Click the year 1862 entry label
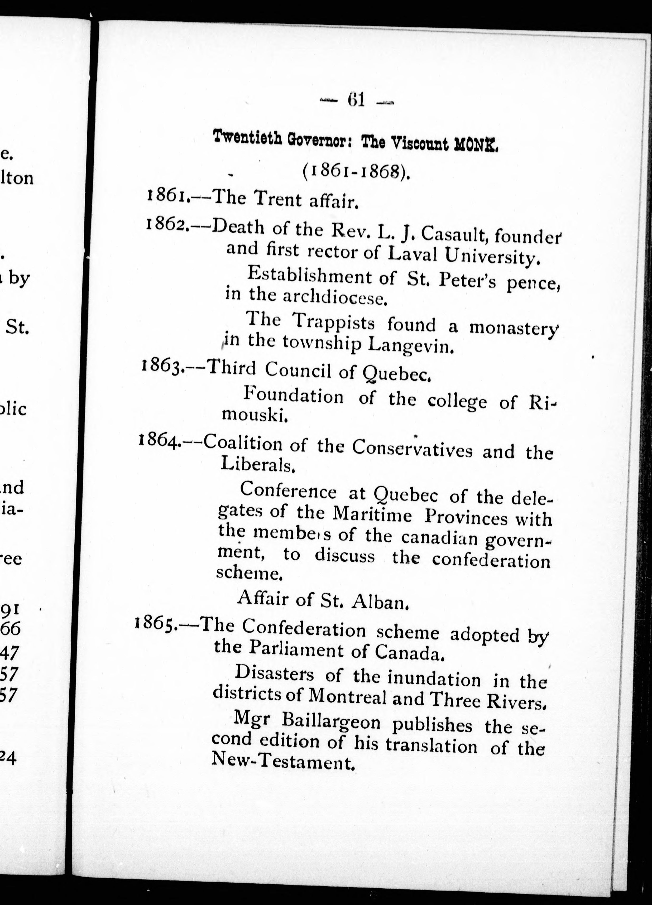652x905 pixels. click(166, 227)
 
